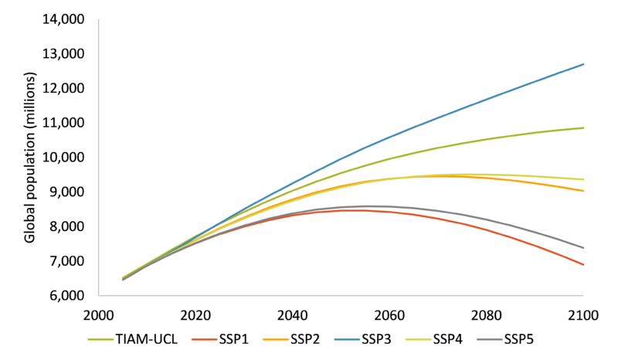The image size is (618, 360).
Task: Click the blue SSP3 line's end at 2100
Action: pos(582,64)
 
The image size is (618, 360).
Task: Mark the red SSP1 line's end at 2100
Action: pos(582,265)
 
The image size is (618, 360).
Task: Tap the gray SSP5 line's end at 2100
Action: pos(582,248)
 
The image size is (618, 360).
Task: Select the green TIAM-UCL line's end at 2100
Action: pos(582,127)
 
